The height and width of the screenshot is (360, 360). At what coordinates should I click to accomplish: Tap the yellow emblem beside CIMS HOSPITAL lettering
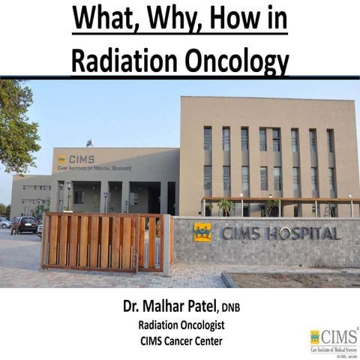[x=202, y=232]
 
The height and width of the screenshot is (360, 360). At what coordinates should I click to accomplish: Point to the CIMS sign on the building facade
[x=78, y=160]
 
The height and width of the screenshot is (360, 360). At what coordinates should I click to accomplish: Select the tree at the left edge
[x=15, y=127]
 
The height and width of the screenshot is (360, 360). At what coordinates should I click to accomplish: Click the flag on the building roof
[x=88, y=142]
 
